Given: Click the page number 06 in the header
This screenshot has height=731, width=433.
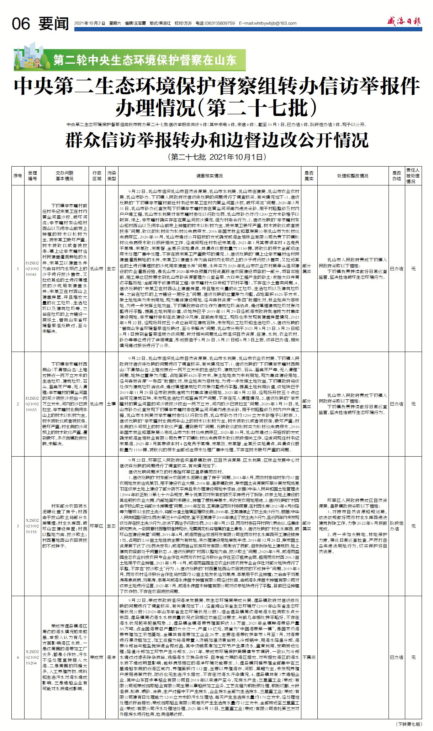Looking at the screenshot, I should click(x=21, y=24).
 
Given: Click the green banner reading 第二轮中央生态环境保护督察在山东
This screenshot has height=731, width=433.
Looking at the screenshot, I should click(x=145, y=60).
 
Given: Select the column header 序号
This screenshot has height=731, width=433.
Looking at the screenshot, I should click(x=18, y=176).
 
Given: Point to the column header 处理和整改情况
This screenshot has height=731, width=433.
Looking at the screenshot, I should click(x=353, y=176).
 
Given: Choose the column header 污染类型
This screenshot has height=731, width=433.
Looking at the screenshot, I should click(x=112, y=176).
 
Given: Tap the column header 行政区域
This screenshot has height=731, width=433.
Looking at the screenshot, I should click(x=97, y=176).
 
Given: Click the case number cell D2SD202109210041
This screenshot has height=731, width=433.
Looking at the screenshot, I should click(x=32, y=269).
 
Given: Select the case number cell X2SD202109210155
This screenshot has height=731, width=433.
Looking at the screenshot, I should click(x=32, y=526).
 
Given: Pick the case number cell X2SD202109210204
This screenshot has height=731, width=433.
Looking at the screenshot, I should click(x=32, y=657).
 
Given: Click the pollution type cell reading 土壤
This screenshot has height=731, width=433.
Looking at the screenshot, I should click(x=112, y=404).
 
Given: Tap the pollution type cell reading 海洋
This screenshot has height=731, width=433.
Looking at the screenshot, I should click(x=112, y=657).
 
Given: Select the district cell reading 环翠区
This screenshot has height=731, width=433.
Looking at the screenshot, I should click(x=97, y=526).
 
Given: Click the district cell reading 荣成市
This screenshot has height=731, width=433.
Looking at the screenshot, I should click(x=97, y=657).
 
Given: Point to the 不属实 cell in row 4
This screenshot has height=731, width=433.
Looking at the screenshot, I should click(x=309, y=657).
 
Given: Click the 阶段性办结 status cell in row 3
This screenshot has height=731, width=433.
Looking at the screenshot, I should click(x=396, y=526).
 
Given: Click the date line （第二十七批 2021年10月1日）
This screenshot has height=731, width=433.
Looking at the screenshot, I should click(x=217, y=157).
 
